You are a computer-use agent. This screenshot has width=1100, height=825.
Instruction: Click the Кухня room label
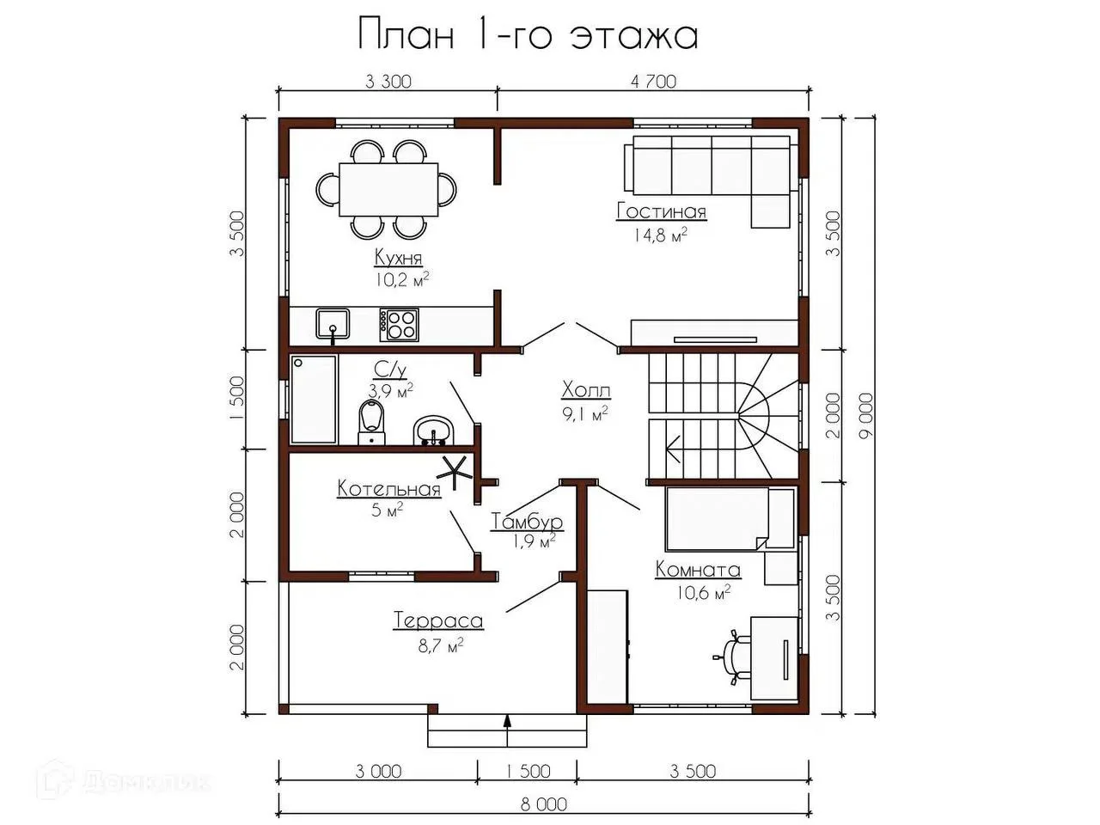tap(399, 258)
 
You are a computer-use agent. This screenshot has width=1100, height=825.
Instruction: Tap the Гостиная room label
tap(662, 211)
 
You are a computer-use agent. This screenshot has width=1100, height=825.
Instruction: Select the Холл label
tap(586, 389)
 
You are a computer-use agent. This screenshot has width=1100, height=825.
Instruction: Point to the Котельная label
tap(389, 488)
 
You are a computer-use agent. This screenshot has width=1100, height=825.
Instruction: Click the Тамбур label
tap(526, 522)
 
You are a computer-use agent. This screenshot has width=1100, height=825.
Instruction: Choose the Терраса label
tap(438, 620)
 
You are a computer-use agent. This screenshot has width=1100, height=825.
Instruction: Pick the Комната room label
tap(698, 570)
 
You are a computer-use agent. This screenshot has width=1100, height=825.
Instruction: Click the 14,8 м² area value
tap(660, 235)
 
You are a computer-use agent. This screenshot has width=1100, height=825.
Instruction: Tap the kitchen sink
tap(333, 324)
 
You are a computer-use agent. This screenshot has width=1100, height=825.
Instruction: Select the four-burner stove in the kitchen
tap(399, 325)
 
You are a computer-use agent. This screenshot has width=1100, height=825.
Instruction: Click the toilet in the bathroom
tap(372, 422)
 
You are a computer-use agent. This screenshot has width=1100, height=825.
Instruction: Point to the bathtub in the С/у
tap(313, 400)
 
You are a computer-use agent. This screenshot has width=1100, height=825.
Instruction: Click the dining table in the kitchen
tap(388, 189)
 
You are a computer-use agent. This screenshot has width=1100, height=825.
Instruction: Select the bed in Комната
tap(729, 519)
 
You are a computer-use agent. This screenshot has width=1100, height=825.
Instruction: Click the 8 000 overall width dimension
tap(544, 804)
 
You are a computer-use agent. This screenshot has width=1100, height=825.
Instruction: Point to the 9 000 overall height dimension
tap(865, 416)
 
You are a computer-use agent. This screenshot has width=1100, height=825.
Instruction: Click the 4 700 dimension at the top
tap(653, 81)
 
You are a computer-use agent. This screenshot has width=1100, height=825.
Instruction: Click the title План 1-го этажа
tap(528, 34)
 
